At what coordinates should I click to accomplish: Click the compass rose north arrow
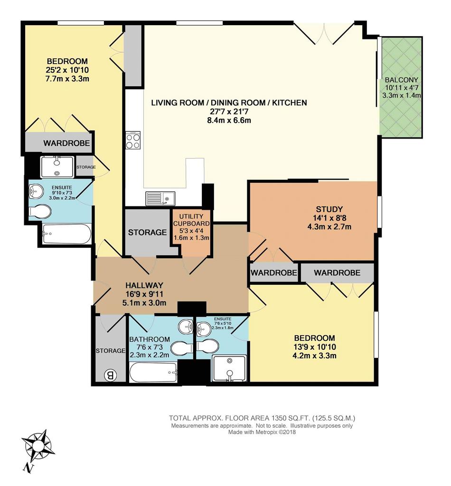39,447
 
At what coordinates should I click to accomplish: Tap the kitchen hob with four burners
133,140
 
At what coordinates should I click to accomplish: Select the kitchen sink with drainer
160,198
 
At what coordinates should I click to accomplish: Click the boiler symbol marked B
110,376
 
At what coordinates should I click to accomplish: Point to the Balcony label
401,80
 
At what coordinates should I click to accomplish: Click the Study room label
329,209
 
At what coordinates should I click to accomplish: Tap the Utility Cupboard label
191,220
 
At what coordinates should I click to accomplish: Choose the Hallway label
144,285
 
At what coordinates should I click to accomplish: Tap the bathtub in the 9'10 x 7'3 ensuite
66,234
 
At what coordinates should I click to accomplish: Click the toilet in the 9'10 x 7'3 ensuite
40,211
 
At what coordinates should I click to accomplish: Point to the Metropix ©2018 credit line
262,432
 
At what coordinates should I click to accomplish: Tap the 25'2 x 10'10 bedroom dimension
67,70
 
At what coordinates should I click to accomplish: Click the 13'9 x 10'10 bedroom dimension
314,347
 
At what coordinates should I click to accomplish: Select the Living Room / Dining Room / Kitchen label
229,103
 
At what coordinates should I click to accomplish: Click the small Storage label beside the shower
86,167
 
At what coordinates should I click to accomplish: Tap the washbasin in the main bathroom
186,327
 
